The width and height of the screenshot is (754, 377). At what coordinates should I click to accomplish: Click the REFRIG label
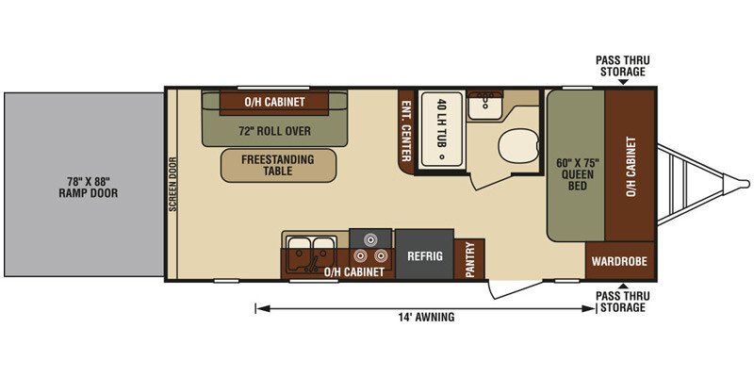[x=425, y=256]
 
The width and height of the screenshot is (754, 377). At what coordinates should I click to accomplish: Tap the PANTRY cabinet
[x=469, y=258]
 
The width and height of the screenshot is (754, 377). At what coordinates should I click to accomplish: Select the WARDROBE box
[x=619, y=261]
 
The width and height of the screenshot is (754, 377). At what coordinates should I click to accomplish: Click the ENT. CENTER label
[x=405, y=131]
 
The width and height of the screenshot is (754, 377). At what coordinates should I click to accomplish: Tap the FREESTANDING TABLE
[x=278, y=165]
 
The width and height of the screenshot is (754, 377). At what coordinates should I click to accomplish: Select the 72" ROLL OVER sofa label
[x=274, y=131]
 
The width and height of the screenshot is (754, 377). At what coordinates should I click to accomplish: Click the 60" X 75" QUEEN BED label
[x=575, y=173]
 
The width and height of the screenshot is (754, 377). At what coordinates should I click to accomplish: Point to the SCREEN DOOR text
[x=172, y=185]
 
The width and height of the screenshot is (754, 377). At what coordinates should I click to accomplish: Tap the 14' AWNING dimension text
[x=426, y=317]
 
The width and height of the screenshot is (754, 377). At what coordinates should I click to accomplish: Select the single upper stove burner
[x=369, y=238]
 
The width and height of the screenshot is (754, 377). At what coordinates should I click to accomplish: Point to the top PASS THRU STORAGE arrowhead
[x=623, y=82]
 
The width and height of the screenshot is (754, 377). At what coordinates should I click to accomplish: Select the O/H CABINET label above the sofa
[x=274, y=102]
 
